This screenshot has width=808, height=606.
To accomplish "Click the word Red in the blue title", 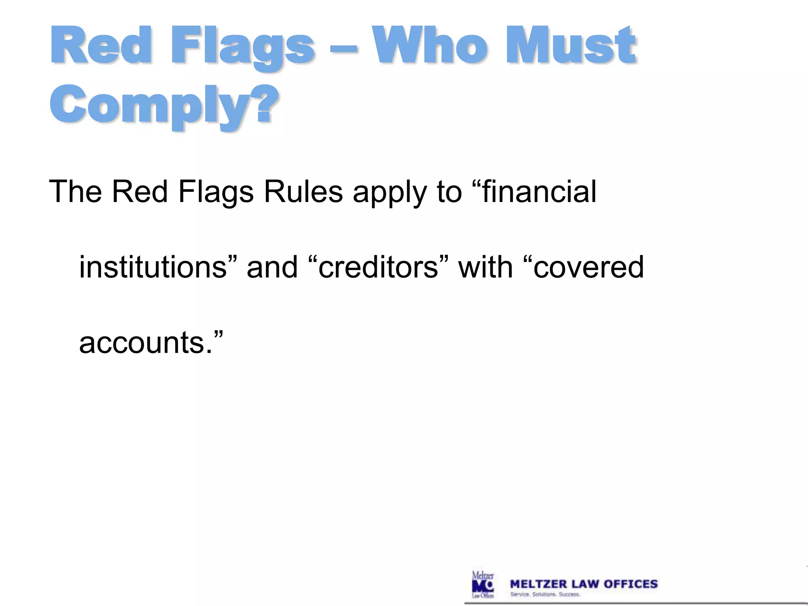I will point(101,45).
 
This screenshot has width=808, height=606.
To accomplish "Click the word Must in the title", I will point(570,45).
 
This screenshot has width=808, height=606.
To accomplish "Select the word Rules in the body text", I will point(303,192).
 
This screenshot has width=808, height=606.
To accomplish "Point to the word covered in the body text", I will point(588,267).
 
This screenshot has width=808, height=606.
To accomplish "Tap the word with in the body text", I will point(485,267).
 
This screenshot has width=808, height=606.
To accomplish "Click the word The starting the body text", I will point(75,192).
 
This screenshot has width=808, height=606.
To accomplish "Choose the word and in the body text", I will point(272,267).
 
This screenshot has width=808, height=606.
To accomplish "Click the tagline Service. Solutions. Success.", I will point(545,595).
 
